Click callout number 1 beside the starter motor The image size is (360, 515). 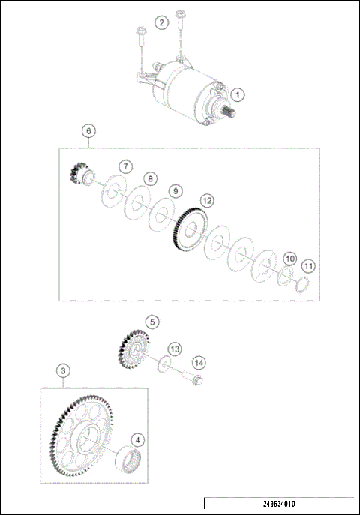pyautogui.click(x=238, y=95)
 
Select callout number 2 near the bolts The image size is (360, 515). pyautogui.click(x=161, y=22)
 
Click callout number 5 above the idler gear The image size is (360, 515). pyautogui.click(x=152, y=322)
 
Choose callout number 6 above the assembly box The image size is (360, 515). pyautogui.click(x=88, y=131)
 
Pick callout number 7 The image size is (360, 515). pyautogui.click(x=125, y=166)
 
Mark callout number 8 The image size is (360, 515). pyautogui.click(x=150, y=179)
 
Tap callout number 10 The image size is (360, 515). pyautogui.click(x=289, y=259)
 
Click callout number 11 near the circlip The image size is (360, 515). pyautogui.click(x=308, y=266)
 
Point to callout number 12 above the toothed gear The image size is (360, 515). pyautogui.click(x=206, y=200)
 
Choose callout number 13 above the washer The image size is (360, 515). pyautogui.click(x=174, y=349)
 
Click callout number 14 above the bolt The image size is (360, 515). pyautogui.click(x=198, y=362)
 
